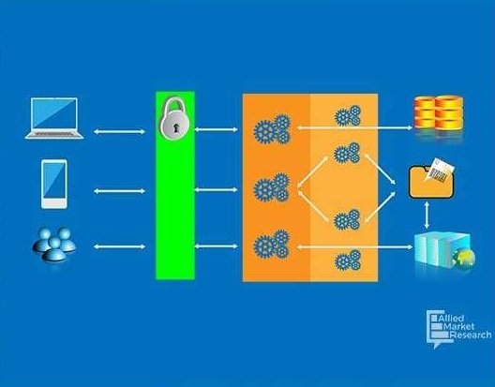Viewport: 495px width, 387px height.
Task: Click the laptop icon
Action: (54, 118)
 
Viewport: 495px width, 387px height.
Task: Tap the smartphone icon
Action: (54, 184)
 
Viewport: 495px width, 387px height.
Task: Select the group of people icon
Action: (54, 245)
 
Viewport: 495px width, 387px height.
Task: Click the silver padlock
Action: (174, 117)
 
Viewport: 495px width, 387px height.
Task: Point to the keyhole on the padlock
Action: (176, 128)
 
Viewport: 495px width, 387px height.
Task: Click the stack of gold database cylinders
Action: (439, 113)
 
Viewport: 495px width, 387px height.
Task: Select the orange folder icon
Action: (431, 183)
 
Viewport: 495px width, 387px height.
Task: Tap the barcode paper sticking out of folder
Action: (440, 171)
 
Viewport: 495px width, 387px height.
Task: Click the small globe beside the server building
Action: (463, 258)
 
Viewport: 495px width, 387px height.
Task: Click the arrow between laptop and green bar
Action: (120, 131)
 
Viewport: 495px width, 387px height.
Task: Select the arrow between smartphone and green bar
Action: (120, 191)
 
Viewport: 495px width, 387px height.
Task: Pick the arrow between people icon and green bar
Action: (120, 246)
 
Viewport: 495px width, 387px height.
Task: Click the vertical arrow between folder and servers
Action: (427, 215)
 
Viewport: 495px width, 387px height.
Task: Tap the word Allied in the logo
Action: (451, 318)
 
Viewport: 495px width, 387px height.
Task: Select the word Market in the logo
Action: (459, 326)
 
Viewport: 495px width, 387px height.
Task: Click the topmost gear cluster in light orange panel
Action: (348, 115)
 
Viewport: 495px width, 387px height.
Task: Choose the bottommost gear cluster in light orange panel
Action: (348, 260)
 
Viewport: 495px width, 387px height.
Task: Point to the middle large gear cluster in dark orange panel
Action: (272, 187)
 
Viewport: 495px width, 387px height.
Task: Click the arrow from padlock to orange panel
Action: (216, 129)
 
